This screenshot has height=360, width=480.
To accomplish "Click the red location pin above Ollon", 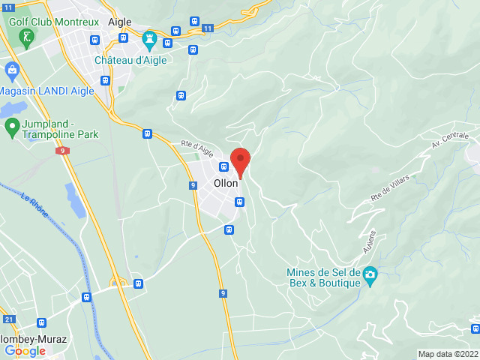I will (x=240, y=160).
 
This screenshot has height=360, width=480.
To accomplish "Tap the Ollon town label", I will (x=226, y=183).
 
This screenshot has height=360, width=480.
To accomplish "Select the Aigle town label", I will (x=120, y=22).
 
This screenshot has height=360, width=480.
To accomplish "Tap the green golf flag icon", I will (x=28, y=37).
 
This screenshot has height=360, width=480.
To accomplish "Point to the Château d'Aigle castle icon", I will (x=148, y=37).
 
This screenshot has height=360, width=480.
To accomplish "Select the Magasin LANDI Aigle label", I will (x=46, y=91).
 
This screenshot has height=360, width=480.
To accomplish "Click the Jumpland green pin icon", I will (x=11, y=127).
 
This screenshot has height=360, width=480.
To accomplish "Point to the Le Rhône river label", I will (x=34, y=207).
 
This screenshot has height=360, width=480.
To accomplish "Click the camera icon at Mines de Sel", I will (x=370, y=277).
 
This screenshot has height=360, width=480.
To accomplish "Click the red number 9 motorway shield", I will (x=61, y=151).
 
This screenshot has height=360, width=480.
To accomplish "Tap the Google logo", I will (x=25, y=350).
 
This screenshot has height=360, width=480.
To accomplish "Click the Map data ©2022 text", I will (x=448, y=354).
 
